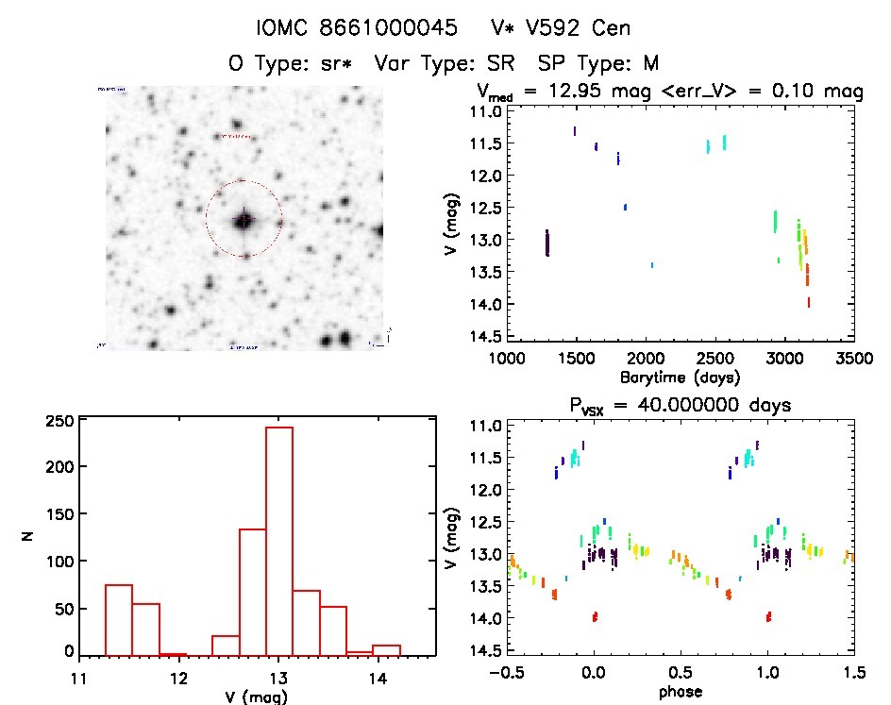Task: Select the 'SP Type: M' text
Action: (597, 63)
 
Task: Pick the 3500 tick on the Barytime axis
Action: (854, 359)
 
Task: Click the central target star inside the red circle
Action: (244, 220)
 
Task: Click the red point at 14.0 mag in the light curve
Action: (809, 302)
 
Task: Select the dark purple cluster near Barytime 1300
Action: (546, 243)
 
